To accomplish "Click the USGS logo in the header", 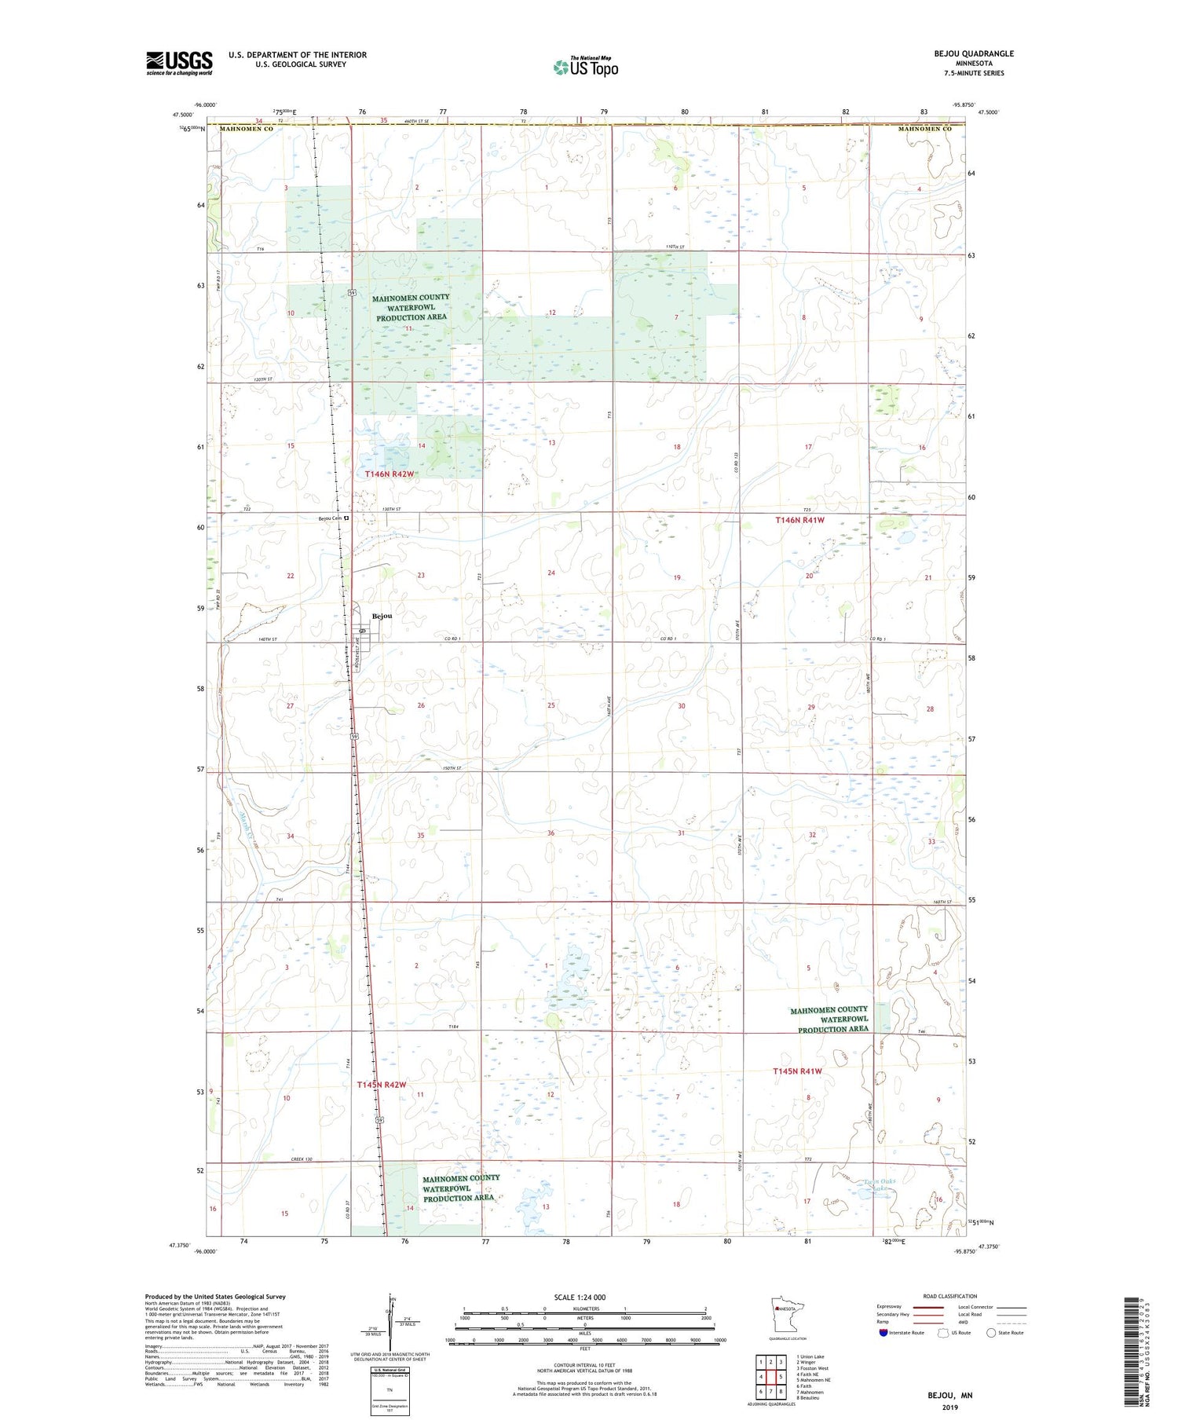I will (179, 63).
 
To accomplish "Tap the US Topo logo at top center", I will (586, 68).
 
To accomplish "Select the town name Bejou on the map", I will (382, 616).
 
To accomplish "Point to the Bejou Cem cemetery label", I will (331, 518).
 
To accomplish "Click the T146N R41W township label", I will (799, 520).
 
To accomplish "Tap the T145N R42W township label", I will (381, 1085).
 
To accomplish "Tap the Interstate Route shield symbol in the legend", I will (883, 1333).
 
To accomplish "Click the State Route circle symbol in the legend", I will (991, 1333).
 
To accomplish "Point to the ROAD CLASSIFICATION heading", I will (950, 1296).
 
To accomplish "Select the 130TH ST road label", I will (391, 510).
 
